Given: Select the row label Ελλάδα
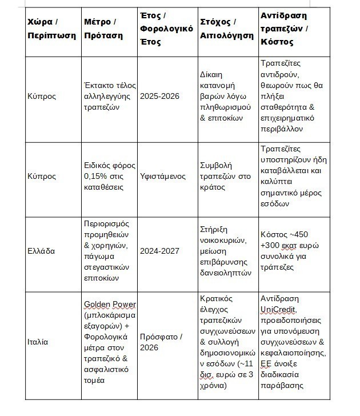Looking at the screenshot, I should pos(41,250).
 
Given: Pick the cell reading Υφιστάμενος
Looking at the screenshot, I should pos(163,176).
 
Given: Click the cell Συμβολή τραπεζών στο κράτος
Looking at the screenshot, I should pos(226,176).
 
